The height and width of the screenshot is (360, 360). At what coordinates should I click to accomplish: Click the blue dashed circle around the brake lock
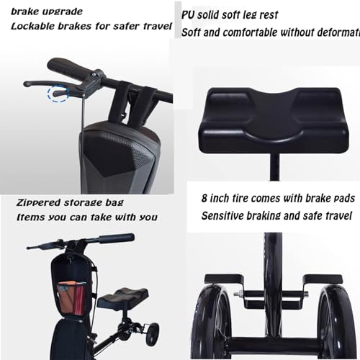[58, 93]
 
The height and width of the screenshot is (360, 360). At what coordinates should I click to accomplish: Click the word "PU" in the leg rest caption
[187, 15]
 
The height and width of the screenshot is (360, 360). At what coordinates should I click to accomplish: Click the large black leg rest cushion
[274, 121]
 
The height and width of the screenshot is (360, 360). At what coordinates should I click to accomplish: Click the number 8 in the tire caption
[204, 199]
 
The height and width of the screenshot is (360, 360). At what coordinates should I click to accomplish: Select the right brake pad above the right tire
[323, 279]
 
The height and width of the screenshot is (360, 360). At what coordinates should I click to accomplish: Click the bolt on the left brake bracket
[238, 293]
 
